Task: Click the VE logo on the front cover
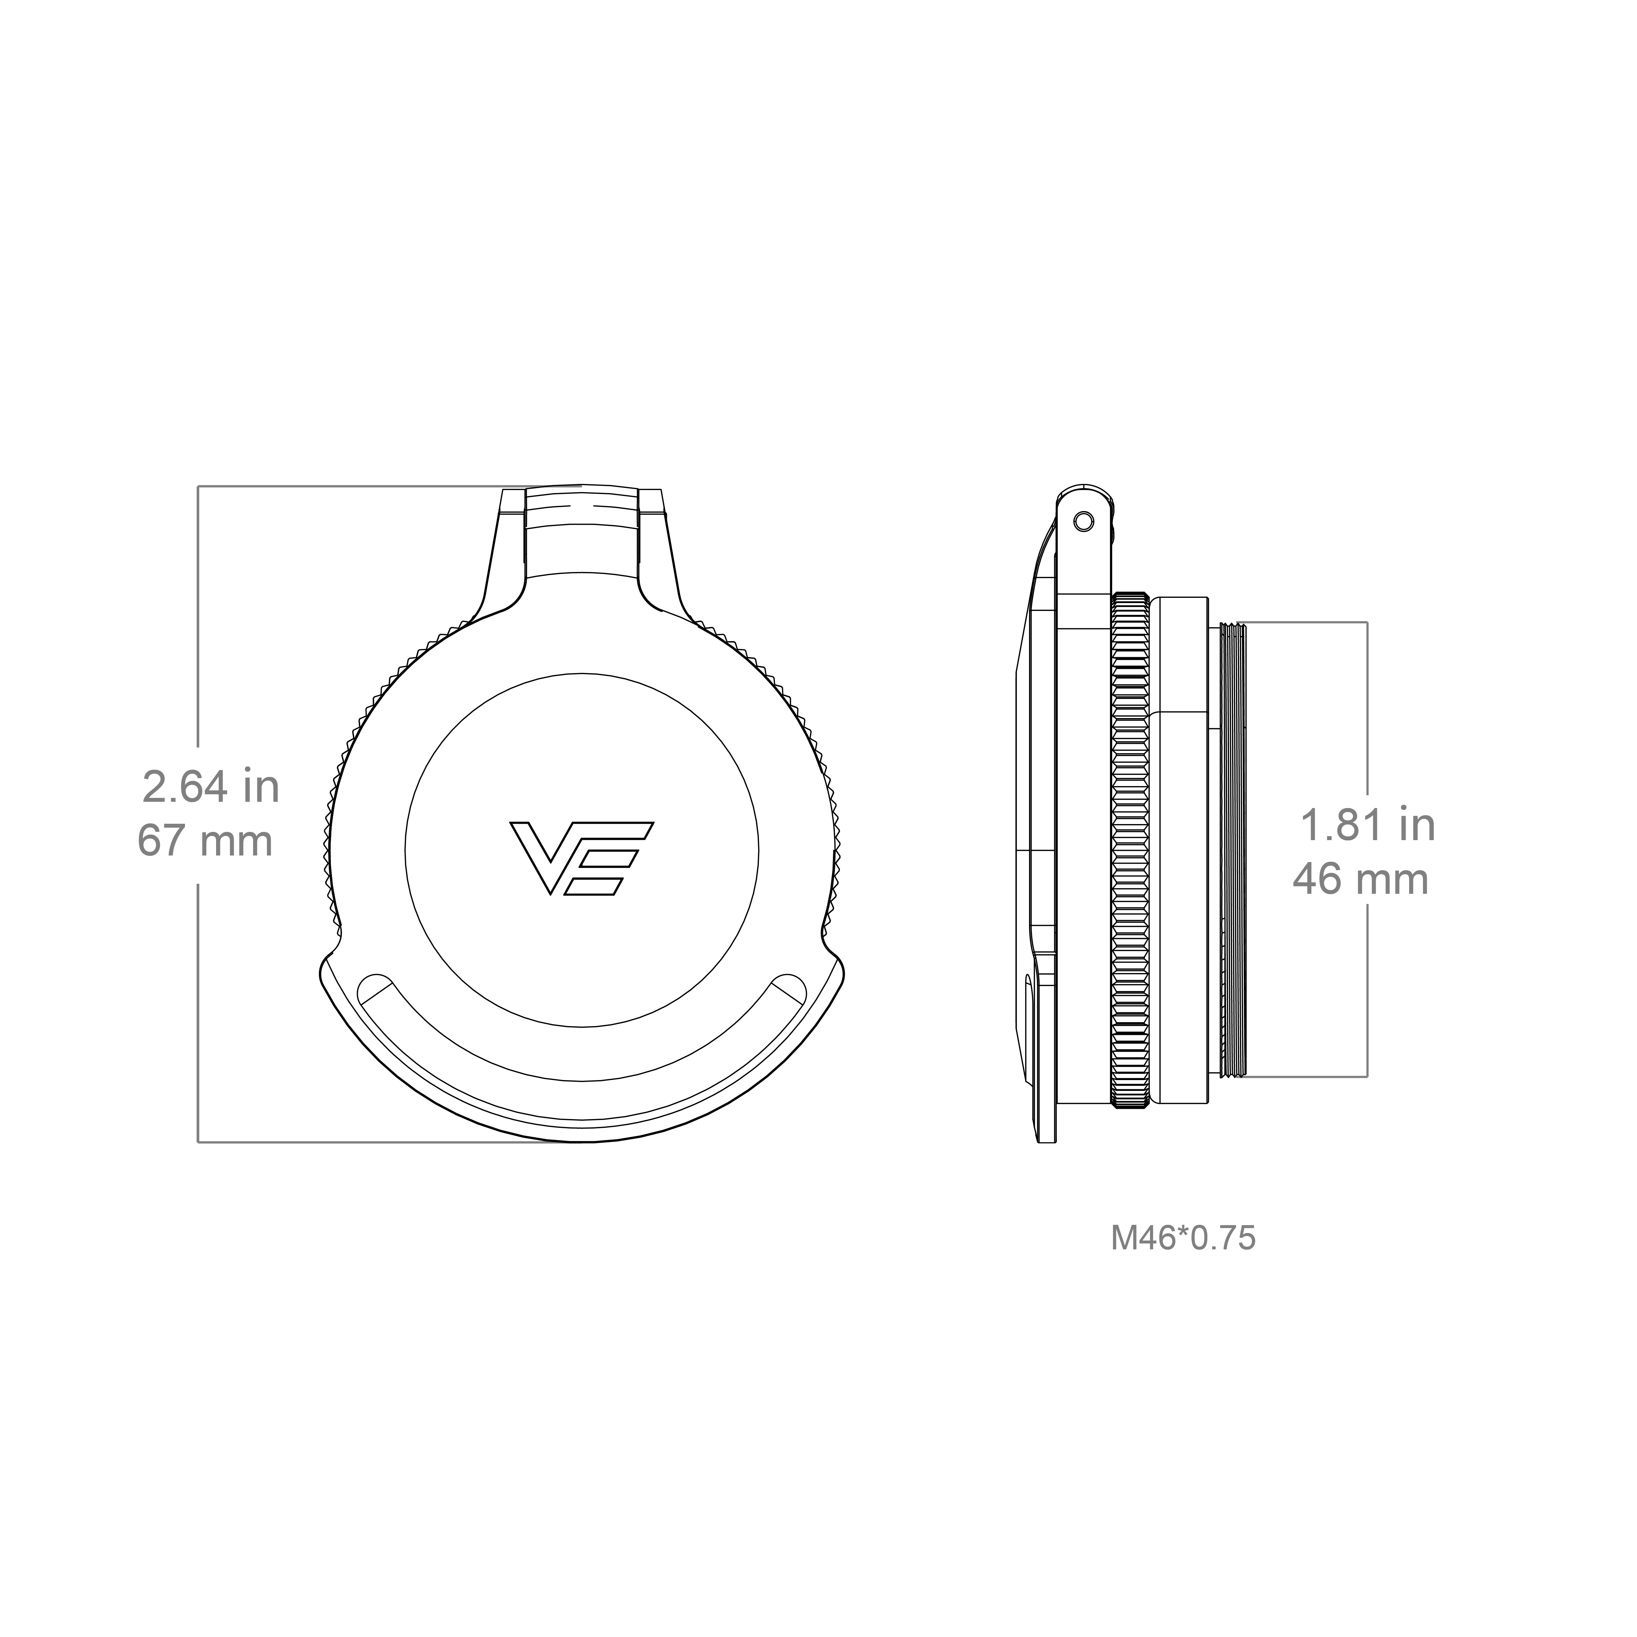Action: (581, 856)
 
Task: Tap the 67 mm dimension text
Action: (206, 841)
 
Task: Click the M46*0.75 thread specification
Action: (1183, 1238)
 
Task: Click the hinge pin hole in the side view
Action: (1083, 521)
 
